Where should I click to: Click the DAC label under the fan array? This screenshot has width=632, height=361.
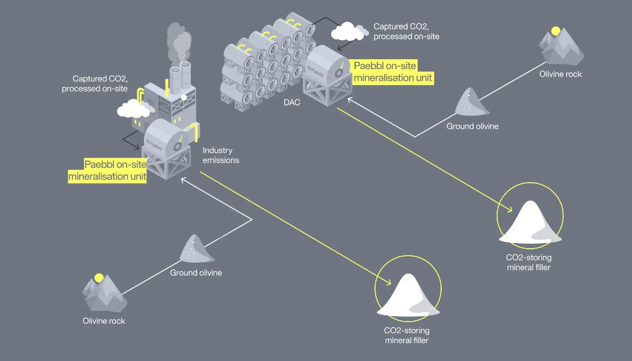292,102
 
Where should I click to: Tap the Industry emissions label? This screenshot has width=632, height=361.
221,156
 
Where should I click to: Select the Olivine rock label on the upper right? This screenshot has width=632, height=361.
560,74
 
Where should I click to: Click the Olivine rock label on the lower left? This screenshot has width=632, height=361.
104,321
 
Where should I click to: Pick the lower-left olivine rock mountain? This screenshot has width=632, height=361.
105,293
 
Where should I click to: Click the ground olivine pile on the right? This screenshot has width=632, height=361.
473,102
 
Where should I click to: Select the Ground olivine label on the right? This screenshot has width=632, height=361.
473,127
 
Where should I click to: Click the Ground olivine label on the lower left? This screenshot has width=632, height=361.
196,273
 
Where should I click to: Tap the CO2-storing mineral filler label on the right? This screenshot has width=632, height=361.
529,262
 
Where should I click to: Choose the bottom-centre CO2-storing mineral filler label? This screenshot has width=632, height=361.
407,336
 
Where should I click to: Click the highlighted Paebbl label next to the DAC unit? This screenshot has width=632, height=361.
393,72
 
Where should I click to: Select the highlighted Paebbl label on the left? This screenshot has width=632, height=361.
107,170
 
